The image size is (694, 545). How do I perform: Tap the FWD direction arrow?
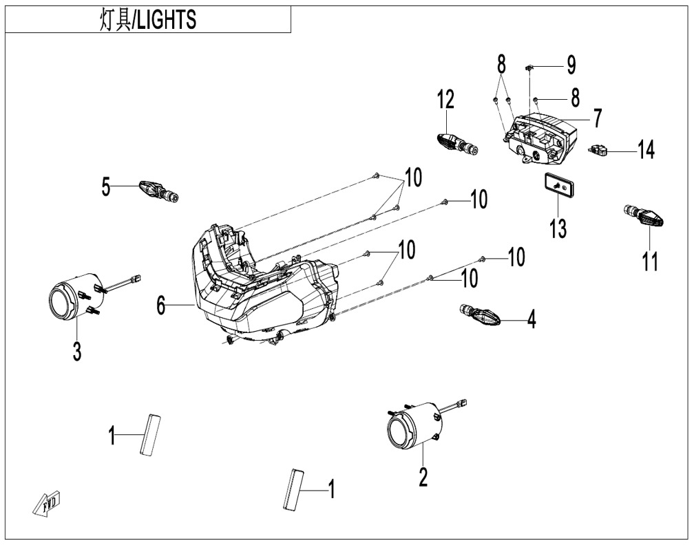(x=47, y=501)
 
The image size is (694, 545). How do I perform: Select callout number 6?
(x=160, y=305)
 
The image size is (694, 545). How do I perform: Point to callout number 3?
(x=76, y=352)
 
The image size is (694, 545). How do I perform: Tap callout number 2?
(x=423, y=475)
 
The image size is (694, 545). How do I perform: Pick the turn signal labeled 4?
(x=479, y=317)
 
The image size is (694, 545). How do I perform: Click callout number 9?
(x=571, y=65)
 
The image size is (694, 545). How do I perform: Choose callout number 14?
(x=645, y=150)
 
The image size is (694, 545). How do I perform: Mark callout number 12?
(x=445, y=100)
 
